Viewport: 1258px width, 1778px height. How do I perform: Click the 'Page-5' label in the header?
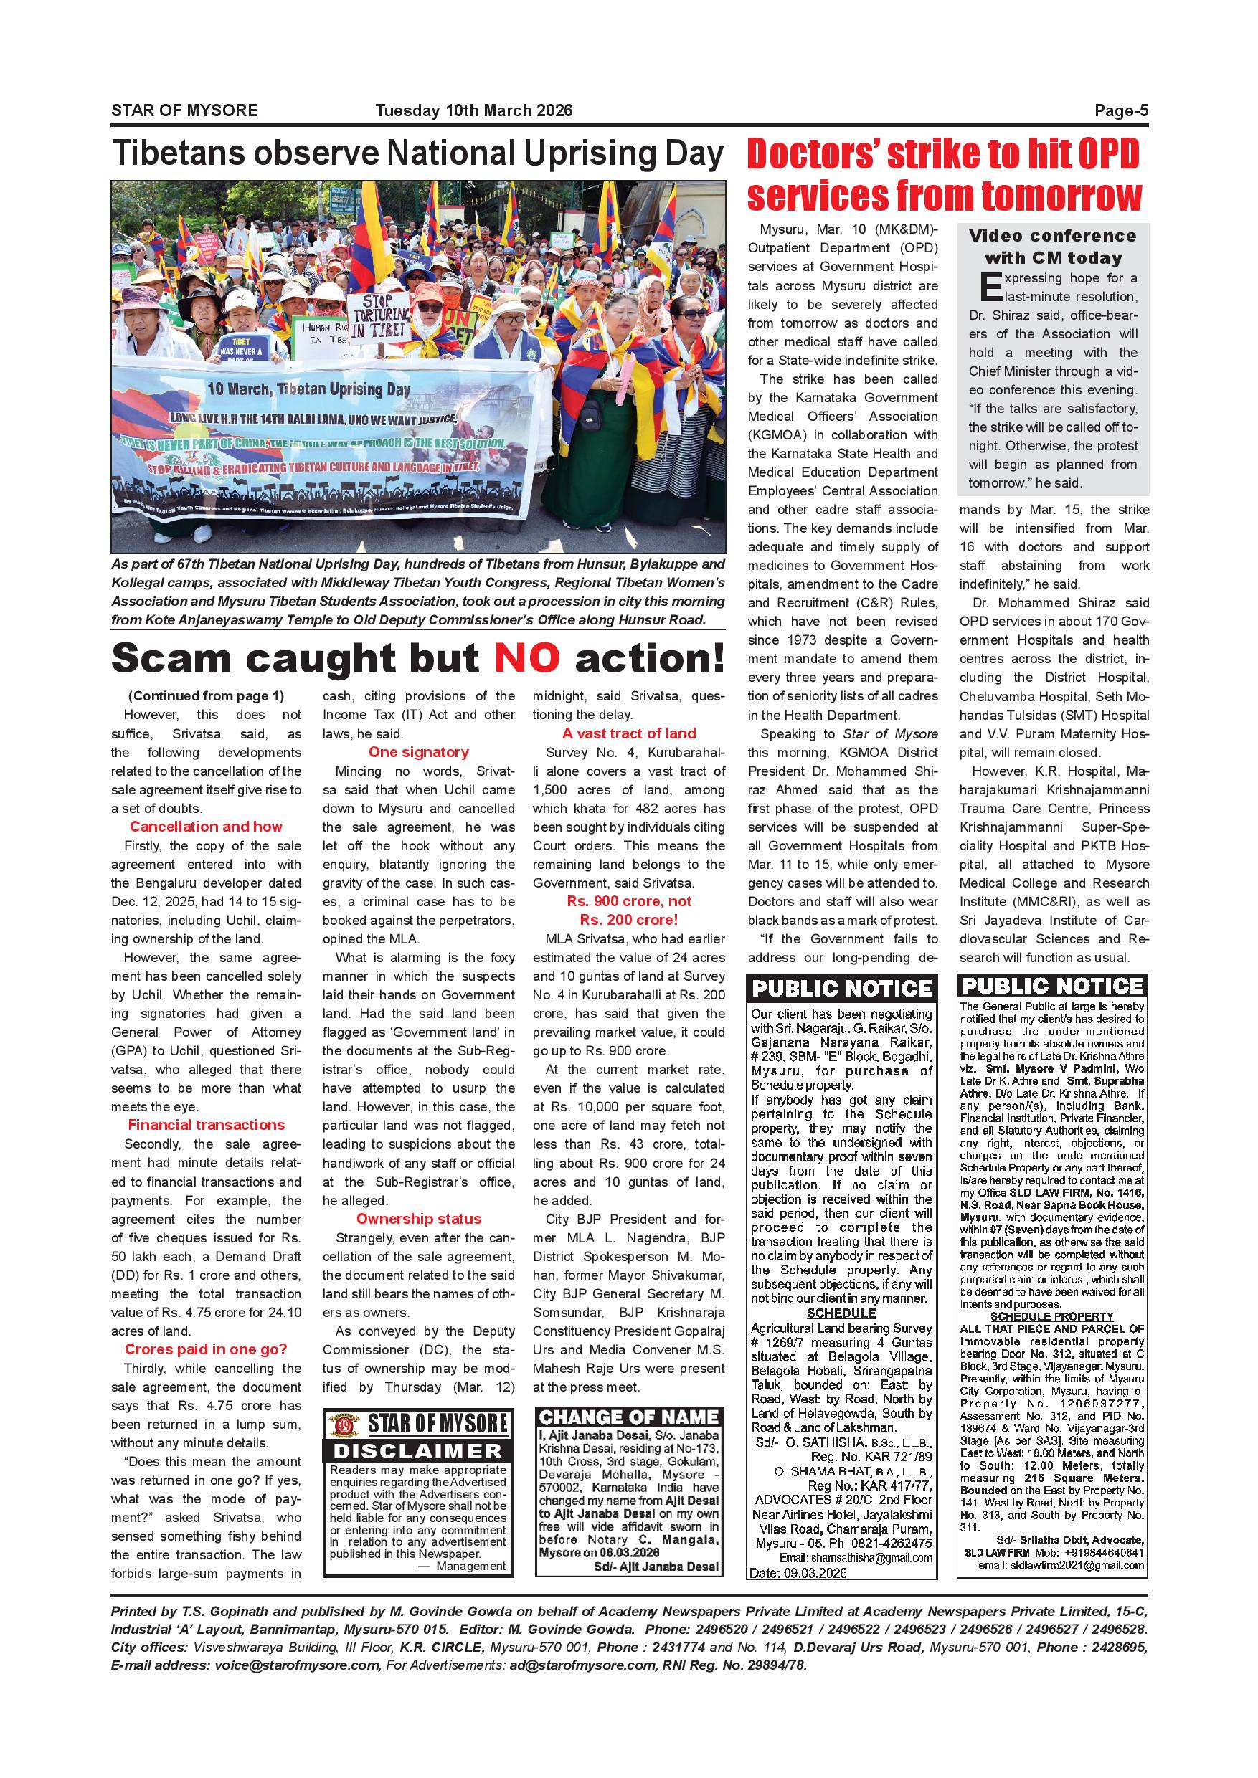(1120, 110)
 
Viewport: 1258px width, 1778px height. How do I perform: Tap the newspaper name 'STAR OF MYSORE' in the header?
(184, 110)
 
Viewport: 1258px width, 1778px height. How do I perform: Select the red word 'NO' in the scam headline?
(526, 658)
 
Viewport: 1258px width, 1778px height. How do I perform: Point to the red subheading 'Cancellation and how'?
(206, 827)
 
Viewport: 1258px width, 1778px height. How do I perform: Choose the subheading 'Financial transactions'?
(206, 1124)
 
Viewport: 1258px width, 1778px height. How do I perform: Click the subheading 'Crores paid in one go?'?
(206, 1349)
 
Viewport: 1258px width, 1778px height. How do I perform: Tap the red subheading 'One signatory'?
(418, 752)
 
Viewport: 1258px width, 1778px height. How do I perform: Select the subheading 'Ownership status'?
(418, 1218)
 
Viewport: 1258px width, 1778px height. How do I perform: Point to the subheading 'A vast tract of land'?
(629, 733)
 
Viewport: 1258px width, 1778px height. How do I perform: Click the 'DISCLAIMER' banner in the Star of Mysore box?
(418, 1450)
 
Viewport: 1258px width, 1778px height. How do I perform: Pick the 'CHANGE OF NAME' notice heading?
(629, 1417)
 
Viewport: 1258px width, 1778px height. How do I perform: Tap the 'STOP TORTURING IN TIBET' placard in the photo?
(379, 315)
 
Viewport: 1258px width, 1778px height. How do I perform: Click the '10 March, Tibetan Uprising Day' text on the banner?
(308, 389)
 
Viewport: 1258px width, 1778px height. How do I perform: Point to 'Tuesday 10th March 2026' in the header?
(474, 110)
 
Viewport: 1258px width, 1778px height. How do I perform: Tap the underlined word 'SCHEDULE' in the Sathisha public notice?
(841, 1313)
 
